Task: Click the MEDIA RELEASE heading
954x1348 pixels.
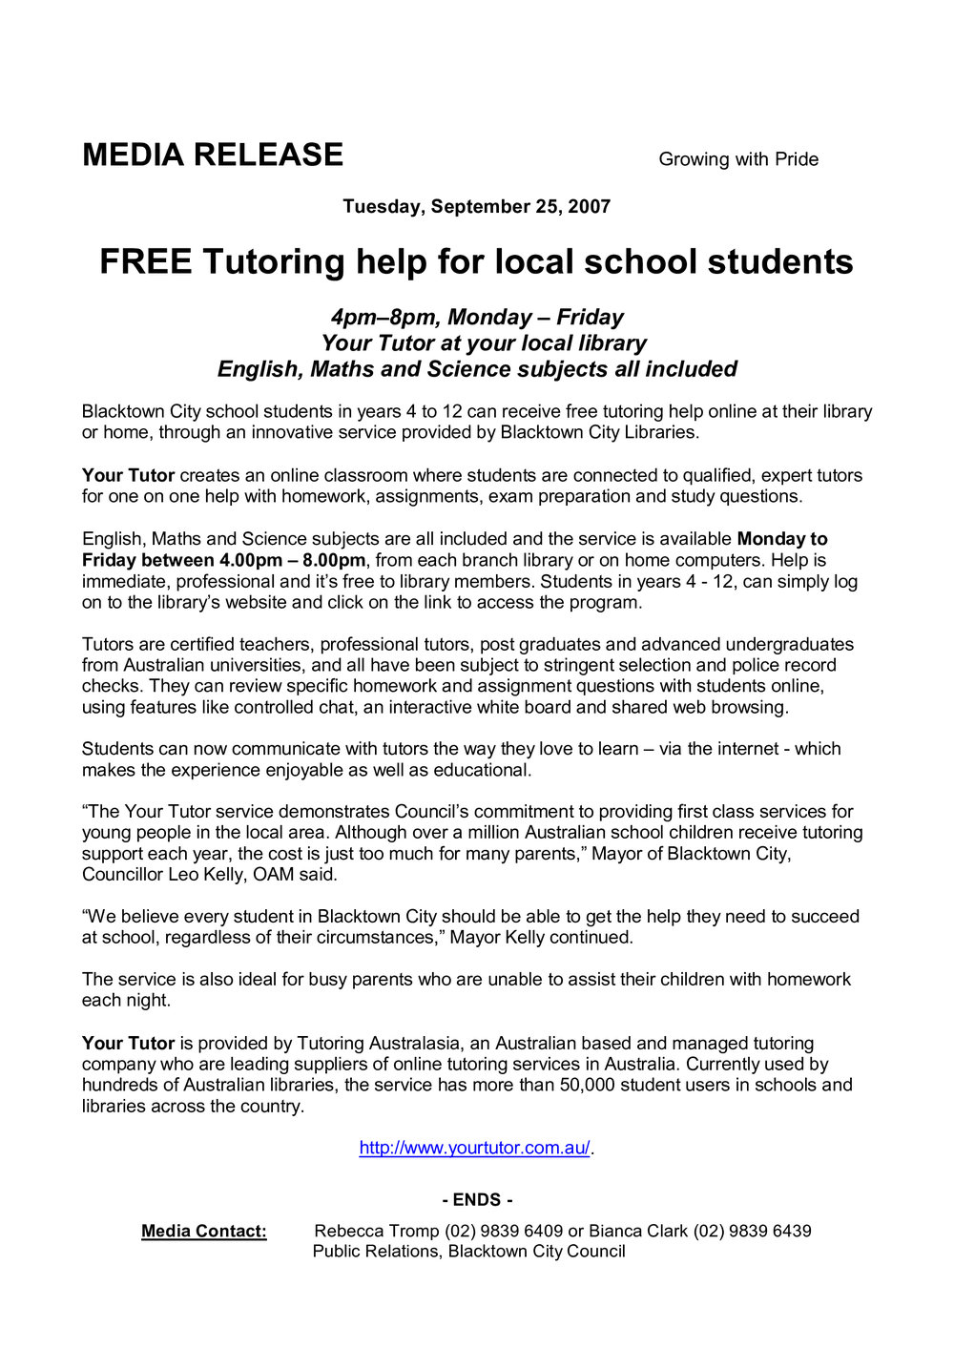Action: (212, 156)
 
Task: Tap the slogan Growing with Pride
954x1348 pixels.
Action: (738, 159)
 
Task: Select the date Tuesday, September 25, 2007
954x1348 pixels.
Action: (476, 207)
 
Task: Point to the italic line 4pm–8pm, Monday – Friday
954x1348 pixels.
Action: (476, 318)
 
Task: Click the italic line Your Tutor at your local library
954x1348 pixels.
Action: (483, 343)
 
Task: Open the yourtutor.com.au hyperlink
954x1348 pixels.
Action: (474, 1149)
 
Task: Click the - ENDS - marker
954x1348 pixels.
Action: (477, 1200)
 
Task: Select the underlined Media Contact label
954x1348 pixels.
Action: (204, 1232)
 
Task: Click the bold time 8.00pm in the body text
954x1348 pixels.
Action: (334, 560)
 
